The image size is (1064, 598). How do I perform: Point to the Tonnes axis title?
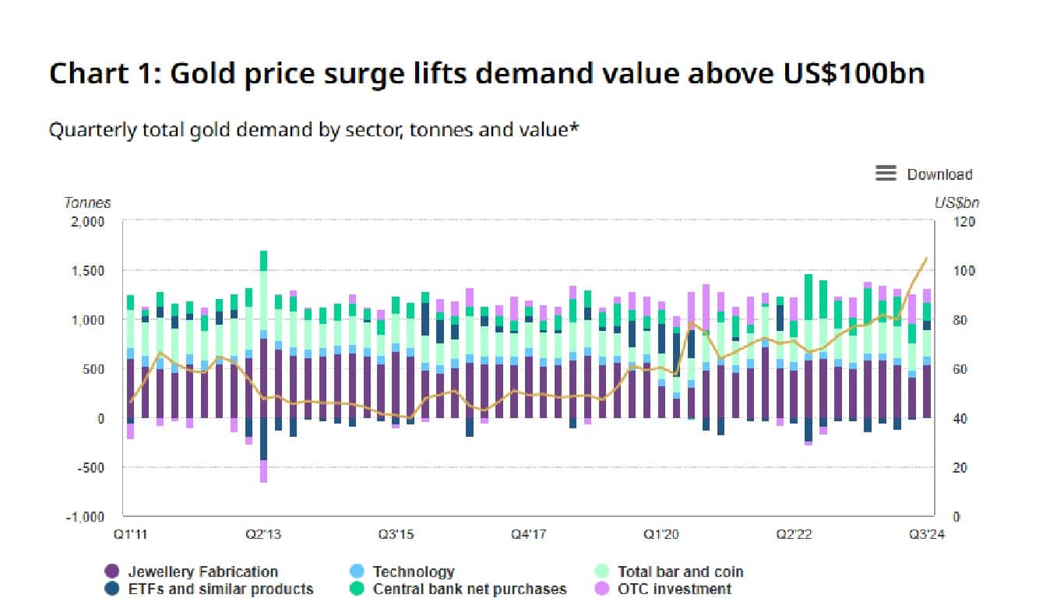[87, 202]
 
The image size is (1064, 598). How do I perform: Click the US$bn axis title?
[957, 202]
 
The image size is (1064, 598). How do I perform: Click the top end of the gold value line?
[926, 258]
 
